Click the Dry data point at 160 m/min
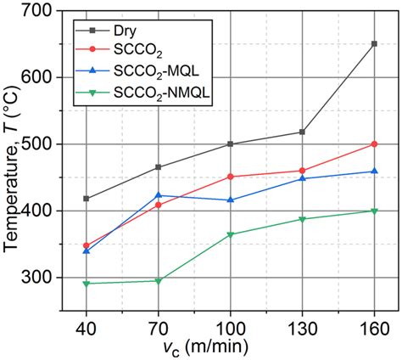pyautogui.click(x=374, y=43)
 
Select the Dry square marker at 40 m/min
pyautogui.click(x=86, y=199)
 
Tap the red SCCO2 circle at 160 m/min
pyautogui.click(x=374, y=144)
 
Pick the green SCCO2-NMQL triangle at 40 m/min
pyautogui.click(x=86, y=284)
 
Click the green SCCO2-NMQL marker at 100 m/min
pyautogui.click(x=230, y=235)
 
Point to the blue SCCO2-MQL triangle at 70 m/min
pyautogui.click(x=158, y=195)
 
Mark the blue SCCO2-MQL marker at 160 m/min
pyautogui.click(x=374, y=172)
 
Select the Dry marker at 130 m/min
pyautogui.click(x=302, y=132)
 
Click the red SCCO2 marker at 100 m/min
pyautogui.click(x=230, y=177)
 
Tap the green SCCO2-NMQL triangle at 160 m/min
pyautogui.click(x=374, y=211)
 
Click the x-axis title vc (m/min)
pyautogui.click(x=230, y=349)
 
